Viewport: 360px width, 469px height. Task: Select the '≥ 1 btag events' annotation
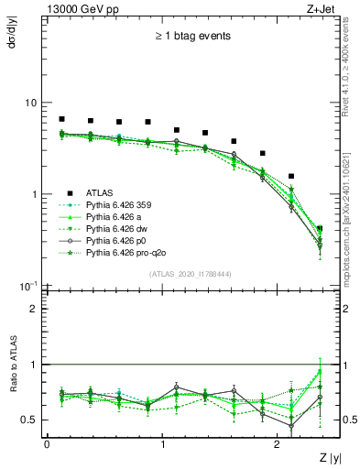pos(192,37)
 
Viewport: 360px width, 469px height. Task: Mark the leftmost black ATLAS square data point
pos(61,119)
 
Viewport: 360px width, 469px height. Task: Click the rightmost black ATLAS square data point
pos(319,228)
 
